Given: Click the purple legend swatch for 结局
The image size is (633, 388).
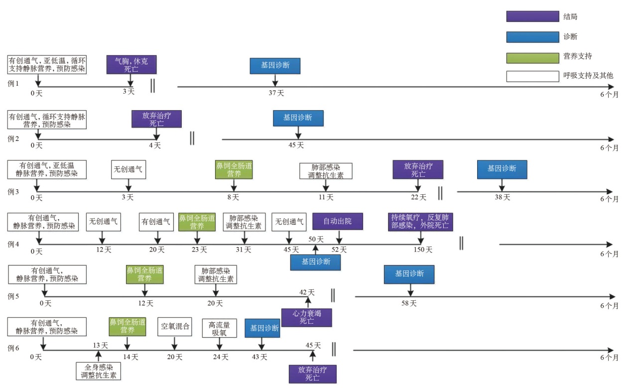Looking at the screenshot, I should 532,16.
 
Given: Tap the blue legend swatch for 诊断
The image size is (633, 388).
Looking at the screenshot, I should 532,36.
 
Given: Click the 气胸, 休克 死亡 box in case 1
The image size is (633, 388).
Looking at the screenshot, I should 131,65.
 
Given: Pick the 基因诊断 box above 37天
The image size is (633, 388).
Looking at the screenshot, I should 275,66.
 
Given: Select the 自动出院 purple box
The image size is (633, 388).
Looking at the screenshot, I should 337,221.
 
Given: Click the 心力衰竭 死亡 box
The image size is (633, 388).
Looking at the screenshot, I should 307,317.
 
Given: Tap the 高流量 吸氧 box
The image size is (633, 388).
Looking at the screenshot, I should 219,328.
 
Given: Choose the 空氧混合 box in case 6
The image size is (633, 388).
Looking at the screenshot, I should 175,327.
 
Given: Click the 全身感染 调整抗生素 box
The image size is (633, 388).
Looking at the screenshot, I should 99,372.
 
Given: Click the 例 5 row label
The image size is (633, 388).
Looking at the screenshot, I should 13,296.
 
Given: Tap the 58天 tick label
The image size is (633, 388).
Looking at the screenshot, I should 409,303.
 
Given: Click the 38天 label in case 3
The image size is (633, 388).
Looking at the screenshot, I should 503,197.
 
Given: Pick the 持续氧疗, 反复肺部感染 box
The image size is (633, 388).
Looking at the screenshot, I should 421,221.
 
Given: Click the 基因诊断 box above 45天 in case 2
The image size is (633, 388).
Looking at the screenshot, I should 298,118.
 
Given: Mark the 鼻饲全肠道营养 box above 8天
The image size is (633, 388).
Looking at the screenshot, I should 234,169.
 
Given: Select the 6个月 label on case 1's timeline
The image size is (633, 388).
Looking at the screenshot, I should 609,95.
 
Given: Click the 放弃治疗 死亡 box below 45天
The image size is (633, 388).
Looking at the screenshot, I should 312,374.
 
